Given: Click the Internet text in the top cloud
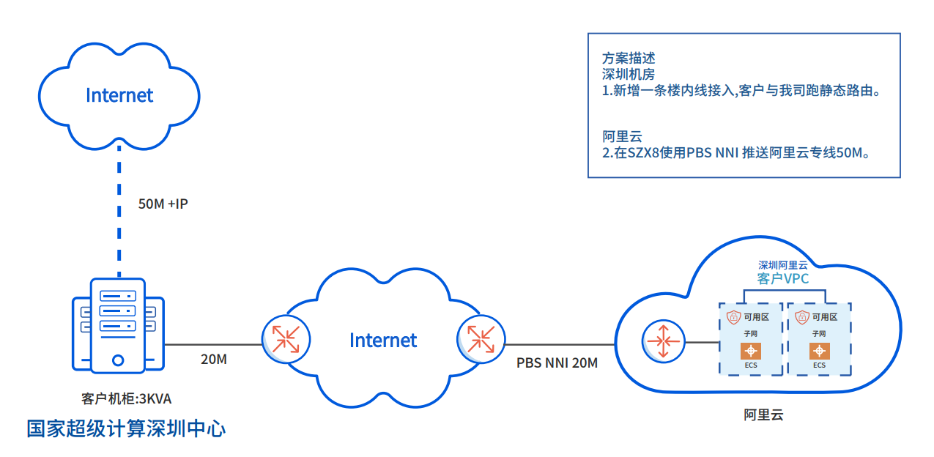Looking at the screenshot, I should click(119, 95).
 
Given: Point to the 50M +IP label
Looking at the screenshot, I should click(163, 204).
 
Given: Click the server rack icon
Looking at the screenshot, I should click(118, 324).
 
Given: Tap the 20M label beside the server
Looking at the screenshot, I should click(214, 360).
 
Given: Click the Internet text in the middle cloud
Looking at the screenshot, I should click(382, 341).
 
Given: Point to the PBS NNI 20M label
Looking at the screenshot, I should click(557, 363).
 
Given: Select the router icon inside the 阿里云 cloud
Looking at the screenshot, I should click(662, 341).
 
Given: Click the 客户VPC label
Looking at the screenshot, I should click(783, 278).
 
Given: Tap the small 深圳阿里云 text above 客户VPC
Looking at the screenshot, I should click(782, 265).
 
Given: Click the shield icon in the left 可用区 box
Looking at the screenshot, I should click(733, 317).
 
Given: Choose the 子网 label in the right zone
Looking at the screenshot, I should click(818, 334).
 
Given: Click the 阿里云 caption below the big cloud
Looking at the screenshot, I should click(763, 415).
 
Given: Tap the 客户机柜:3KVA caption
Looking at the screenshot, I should click(126, 399).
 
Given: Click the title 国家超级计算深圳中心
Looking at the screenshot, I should click(126, 428).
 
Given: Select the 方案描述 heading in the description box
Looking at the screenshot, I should click(629, 59).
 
